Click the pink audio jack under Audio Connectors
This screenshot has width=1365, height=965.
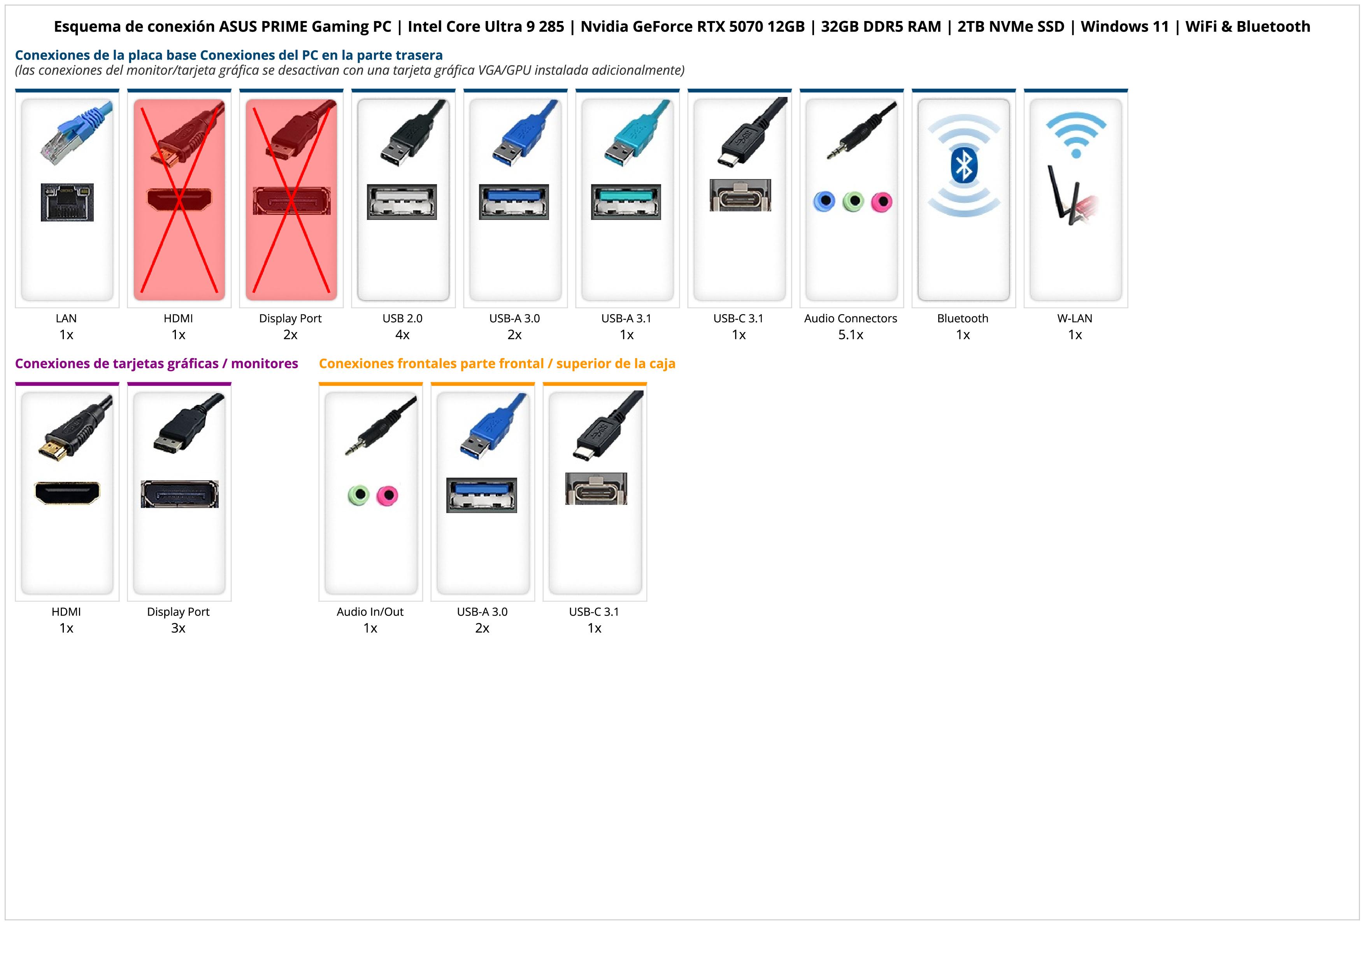click(x=882, y=202)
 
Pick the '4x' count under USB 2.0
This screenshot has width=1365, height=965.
click(x=402, y=335)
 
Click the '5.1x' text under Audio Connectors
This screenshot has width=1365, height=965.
click(x=851, y=335)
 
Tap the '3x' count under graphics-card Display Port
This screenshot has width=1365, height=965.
click(x=178, y=628)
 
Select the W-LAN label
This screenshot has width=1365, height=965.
click(x=1075, y=318)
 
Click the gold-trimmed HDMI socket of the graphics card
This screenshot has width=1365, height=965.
click(x=67, y=493)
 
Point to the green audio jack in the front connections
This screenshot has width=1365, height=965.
click(x=358, y=495)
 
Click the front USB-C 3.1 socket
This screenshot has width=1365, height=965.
click(x=596, y=489)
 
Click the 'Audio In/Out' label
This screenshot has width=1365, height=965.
click(x=370, y=612)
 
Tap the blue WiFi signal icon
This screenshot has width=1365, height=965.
click(x=1076, y=134)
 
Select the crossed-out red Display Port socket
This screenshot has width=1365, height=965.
click(x=291, y=200)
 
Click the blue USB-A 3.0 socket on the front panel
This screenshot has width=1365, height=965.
click(x=482, y=495)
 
